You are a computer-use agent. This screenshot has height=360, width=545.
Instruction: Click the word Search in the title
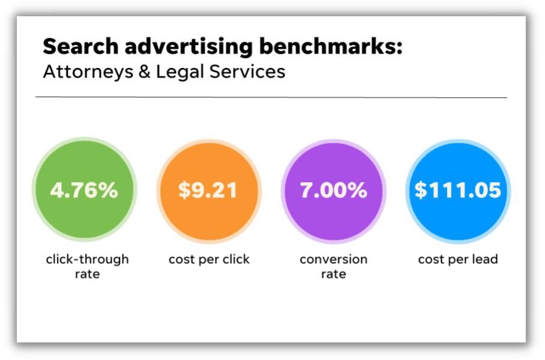point(81,46)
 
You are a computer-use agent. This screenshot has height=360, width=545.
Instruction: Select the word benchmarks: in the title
point(331,46)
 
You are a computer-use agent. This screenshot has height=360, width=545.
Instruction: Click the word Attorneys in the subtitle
point(88,73)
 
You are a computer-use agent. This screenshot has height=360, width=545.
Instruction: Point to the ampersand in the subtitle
point(145,72)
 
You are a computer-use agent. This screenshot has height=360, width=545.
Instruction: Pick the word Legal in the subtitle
point(180,73)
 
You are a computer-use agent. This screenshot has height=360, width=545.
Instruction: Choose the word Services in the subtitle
point(248,72)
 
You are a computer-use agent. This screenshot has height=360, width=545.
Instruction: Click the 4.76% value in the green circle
point(84,191)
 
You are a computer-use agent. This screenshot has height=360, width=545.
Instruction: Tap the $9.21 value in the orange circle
point(208,191)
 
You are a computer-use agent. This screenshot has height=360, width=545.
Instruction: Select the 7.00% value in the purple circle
point(333,191)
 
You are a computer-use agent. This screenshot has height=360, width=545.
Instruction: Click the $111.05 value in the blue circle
point(458,191)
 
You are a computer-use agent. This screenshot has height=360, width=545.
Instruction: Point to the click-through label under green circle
point(87,260)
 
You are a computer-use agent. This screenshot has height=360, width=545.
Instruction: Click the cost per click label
point(209,260)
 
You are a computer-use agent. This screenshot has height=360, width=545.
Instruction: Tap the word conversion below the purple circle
point(333,260)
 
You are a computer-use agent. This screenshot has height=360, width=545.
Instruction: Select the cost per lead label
point(458,260)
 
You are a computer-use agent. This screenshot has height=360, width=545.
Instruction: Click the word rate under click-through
point(87,274)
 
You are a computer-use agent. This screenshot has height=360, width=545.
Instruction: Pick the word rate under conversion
point(333,274)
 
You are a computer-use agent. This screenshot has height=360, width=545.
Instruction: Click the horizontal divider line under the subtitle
point(271,97)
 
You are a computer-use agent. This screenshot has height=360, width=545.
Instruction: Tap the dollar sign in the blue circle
point(421,191)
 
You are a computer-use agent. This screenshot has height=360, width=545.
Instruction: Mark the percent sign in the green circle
point(108,191)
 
